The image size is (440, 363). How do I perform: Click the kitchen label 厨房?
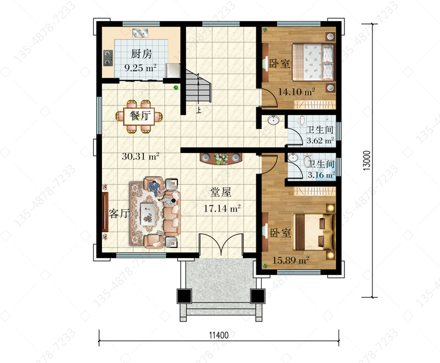click(141, 53)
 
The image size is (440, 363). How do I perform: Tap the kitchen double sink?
click(140, 33)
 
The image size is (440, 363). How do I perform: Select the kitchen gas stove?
click(108, 58)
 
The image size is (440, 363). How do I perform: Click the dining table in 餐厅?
click(140, 116)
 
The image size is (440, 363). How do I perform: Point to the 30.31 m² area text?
click(141, 155)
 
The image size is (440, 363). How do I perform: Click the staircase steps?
click(198, 86)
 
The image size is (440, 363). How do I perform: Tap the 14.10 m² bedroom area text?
click(296, 91)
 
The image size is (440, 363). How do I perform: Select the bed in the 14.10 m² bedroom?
click(313, 62)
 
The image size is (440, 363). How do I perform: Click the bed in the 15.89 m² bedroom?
click(313, 232)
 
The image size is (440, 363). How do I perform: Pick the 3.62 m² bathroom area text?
click(320, 140)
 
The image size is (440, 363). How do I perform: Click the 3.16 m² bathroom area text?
click(321, 175)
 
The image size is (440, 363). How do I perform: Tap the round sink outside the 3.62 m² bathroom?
click(273, 120)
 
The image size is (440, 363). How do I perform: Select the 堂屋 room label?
click(221, 192)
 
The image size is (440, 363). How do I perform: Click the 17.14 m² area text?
click(222, 208)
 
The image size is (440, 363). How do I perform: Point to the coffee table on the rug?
click(148, 213)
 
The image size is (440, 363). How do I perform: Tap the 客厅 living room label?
click(119, 213)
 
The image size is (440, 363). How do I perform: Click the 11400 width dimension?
click(219, 335)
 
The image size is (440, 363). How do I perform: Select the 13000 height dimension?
click(367, 161)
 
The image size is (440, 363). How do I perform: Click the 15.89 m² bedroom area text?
click(291, 260)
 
